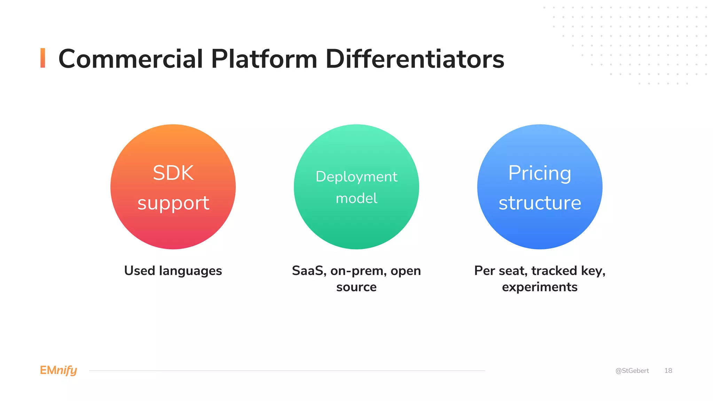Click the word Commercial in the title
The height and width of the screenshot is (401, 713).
[131, 59]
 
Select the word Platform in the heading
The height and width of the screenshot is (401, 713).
[264, 59]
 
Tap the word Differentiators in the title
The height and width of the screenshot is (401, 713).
[415, 59]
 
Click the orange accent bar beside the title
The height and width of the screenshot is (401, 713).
[43, 58]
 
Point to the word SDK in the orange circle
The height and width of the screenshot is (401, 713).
[173, 173]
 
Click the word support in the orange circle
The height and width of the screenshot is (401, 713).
[173, 203]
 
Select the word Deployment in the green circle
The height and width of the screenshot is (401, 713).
[356, 177]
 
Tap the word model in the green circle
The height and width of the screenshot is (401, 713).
[356, 198]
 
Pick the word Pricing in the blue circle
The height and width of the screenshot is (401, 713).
[540, 173]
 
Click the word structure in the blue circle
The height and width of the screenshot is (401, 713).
[540, 203]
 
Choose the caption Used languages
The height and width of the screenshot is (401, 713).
[173, 271]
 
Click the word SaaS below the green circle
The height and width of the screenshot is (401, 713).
[309, 271]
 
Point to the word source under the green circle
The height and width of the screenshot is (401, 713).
[356, 287]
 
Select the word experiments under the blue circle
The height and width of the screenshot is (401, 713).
[540, 287]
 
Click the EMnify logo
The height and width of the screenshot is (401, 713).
[58, 370]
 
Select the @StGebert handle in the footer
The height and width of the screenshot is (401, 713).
[632, 371]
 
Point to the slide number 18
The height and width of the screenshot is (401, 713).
[668, 371]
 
